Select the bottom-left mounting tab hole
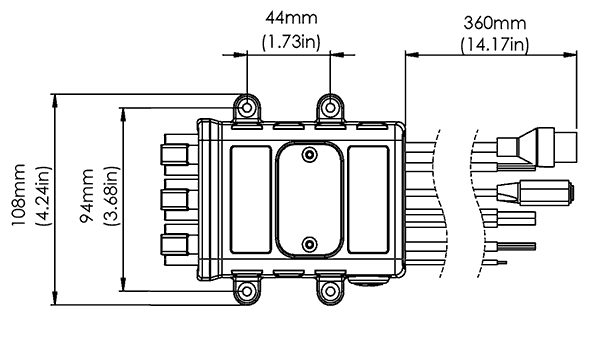pyautogui.click(x=246, y=292)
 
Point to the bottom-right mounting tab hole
pyautogui.click(x=330, y=292)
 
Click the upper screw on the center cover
pyautogui.click(x=309, y=154)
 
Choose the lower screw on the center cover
pyautogui.click(x=309, y=244)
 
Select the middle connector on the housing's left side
pyautogui.click(x=176, y=199)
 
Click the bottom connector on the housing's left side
pyautogui.click(x=176, y=244)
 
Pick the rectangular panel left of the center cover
pyautogui.click(x=249, y=199)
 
